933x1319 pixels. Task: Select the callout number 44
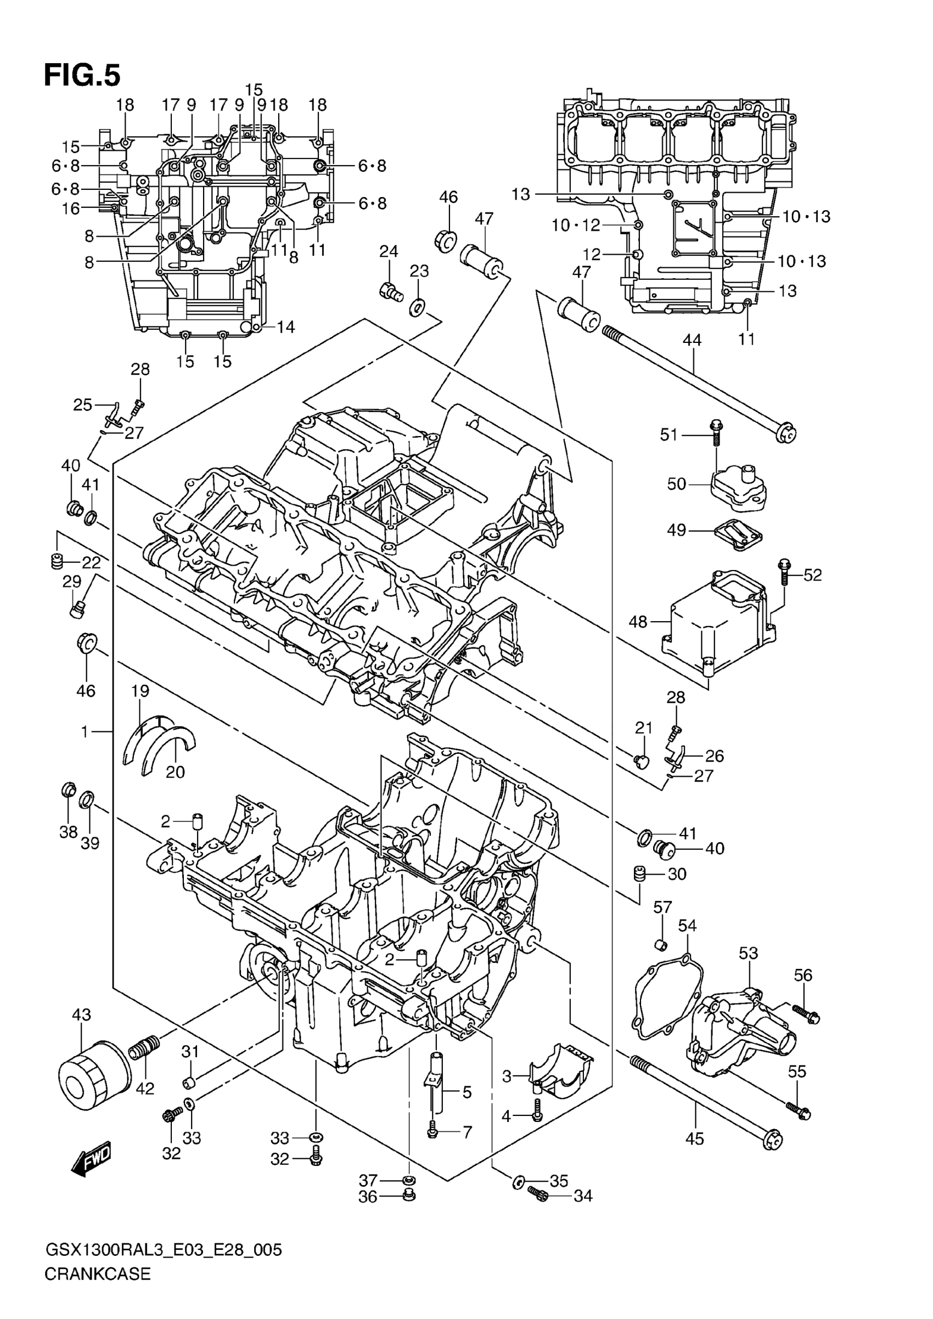pos(692,340)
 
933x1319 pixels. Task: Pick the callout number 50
pos(677,484)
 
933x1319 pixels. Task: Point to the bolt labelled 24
pos(391,291)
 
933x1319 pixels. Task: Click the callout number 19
pos(140,691)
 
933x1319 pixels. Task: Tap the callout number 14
pos(285,327)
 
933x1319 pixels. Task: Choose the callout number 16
pos(71,208)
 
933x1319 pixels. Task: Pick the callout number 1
pos(85,731)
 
